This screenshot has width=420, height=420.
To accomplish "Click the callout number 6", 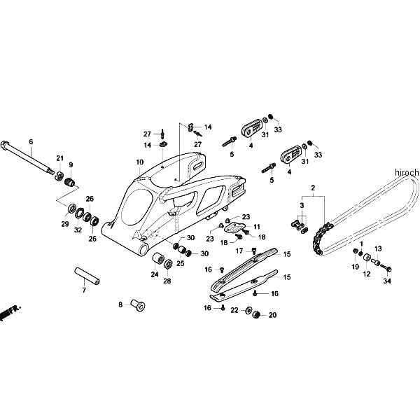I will (31, 141).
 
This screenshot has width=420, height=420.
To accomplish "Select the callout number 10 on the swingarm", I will (140, 162).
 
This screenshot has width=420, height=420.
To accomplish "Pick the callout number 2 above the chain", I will (313, 188).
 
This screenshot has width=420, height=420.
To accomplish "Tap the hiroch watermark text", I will (404, 172).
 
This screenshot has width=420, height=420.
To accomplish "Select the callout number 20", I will (272, 315).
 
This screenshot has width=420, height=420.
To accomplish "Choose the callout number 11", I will (257, 227).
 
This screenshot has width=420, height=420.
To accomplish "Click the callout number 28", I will (168, 281).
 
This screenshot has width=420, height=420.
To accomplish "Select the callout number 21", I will (60, 158).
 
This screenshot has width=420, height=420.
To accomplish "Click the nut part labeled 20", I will (256, 314).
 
